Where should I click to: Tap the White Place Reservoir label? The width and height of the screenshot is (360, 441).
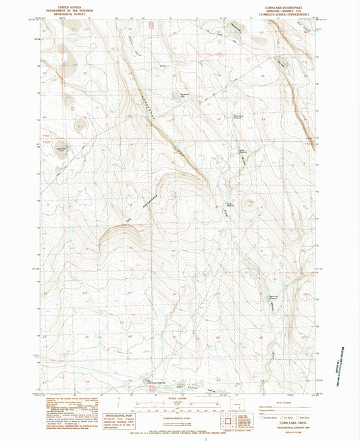click(240, 115)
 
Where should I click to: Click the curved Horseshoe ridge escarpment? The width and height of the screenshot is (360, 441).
click(122, 228)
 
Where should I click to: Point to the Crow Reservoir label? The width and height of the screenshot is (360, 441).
click(241, 151)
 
